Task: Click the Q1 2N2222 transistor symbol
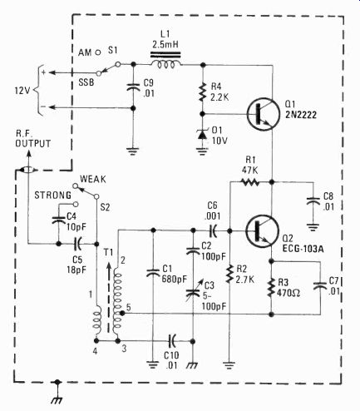click(x=263, y=114)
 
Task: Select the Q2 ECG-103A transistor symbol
click(x=262, y=231)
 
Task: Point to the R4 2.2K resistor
click(x=203, y=92)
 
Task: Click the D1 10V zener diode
click(x=202, y=134)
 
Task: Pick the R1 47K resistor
click(x=250, y=182)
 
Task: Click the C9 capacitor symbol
click(x=133, y=87)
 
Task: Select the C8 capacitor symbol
click(x=313, y=201)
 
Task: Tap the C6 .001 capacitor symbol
click(x=213, y=230)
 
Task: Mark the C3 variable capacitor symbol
click(x=194, y=292)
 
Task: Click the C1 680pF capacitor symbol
click(x=153, y=272)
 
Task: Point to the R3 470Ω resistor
click(x=271, y=288)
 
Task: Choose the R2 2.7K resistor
click(x=229, y=274)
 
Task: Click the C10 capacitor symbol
click(x=172, y=340)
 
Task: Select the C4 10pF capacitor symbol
click(x=59, y=220)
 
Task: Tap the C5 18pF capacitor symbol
click(x=77, y=244)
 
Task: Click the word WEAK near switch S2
click(x=93, y=179)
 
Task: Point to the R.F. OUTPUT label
click(x=33, y=139)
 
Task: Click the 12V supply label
click(x=22, y=91)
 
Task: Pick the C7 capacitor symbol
click(x=321, y=286)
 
